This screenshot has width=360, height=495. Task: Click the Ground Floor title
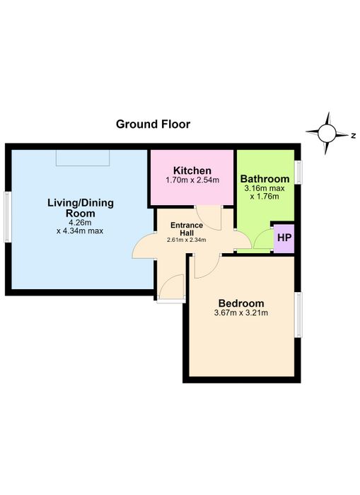[x=153, y=124]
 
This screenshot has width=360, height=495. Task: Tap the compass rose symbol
[x=327, y=133]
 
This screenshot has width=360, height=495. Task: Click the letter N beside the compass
[x=354, y=136]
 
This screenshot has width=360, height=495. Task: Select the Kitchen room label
[x=192, y=171]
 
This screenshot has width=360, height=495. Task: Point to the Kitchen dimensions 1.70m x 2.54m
[x=192, y=180]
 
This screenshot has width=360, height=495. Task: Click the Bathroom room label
[x=265, y=179]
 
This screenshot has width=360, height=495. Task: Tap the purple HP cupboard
[x=284, y=238]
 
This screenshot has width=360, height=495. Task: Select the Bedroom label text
[x=241, y=303]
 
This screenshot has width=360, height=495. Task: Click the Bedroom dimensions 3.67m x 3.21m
[x=241, y=313]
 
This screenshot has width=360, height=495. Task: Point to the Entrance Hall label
[x=187, y=229]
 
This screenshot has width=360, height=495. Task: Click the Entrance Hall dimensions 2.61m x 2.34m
[x=187, y=240]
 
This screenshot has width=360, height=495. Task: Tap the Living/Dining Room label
[x=81, y=208]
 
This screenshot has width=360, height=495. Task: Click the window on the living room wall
[x=8, y=217]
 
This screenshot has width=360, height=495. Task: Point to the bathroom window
[x=298, y=172]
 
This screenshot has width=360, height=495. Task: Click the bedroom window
[x=298, y=315]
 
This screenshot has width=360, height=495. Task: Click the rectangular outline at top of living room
[x=83, y=158]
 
